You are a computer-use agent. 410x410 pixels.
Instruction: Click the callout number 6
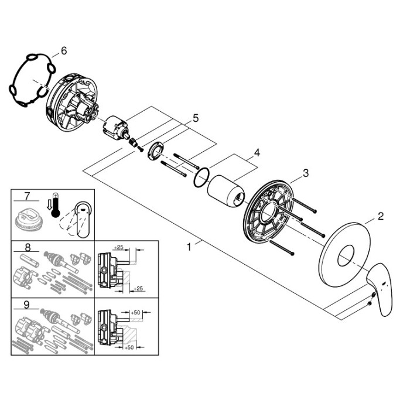(64, 51)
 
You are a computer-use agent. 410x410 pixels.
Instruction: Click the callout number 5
(196, 118)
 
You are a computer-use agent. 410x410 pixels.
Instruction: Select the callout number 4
(257, 152)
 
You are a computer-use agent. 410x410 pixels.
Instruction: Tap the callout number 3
(305, 173)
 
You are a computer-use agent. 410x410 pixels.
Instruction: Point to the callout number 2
(381, 216)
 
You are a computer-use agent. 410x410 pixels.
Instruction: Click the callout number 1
(189, 247)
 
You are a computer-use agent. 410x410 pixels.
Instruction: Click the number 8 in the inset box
(28, 247)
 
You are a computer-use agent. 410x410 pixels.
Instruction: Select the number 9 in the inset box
(27, 305)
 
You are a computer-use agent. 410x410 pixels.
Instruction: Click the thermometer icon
(56, 205)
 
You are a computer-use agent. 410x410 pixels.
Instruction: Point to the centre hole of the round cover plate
(346, 255)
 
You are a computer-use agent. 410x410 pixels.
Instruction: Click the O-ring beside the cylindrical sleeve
(201, 177)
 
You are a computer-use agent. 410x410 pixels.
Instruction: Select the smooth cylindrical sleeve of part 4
(225, 190)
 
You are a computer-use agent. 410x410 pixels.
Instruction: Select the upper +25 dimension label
(119, 247)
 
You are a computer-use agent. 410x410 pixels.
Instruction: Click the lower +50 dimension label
(129, 347)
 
